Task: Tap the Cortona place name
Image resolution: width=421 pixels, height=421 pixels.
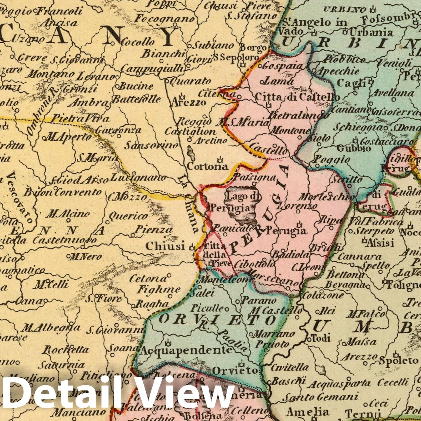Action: click(x=207, y=166)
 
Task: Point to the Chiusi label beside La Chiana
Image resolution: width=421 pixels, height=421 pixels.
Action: click(x=165, y=246)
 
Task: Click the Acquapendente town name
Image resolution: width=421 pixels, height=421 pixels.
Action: click(x=185, y=350)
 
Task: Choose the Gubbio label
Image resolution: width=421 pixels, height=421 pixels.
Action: click(x=354, y=148)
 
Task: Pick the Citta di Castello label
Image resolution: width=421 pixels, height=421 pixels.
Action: click(x=297, y=97)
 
